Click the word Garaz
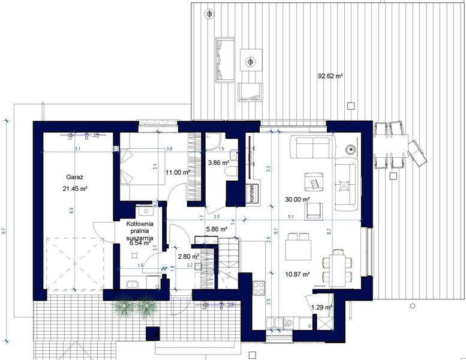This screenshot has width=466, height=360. coord(74,178)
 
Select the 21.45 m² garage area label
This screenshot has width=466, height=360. coord(76,188)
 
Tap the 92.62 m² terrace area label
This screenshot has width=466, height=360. coord(330,76)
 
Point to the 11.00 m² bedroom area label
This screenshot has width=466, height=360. coord(178,172)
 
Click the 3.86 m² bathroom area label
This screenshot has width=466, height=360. coord(218,163)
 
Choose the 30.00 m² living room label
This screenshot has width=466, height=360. coord(297,199)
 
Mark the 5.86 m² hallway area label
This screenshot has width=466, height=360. coord(216,229)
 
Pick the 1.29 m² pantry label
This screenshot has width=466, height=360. coord(321,307)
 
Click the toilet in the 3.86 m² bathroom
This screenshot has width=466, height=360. coord(229,173)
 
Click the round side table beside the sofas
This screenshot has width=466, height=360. coord(350,149)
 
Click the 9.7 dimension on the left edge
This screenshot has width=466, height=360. coord(5,230)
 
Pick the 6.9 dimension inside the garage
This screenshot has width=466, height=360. coord(71,210)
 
